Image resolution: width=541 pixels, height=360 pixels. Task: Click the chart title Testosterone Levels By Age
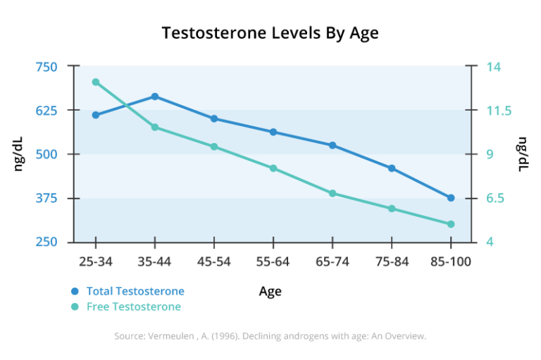coord(270,33)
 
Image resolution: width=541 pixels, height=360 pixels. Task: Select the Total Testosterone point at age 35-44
coord(155,97)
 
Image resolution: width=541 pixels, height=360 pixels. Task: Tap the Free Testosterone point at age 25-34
coord(96,82)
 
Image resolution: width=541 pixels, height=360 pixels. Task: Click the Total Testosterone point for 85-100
coord(451,198)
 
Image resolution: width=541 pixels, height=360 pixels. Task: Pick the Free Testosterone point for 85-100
coord(451,224)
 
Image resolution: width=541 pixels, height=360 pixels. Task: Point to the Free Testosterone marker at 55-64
coord(273,168)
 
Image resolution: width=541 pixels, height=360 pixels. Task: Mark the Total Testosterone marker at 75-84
coord(392,168)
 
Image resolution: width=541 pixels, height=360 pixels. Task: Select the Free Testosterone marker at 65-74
coord(332,193)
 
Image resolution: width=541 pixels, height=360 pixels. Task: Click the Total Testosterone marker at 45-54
coord(214,118)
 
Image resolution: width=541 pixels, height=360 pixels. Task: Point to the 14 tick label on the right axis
coord(494,67)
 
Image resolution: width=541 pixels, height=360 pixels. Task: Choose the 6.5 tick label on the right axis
coord(495,199)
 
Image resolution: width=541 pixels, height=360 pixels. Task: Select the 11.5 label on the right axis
coord(498,111)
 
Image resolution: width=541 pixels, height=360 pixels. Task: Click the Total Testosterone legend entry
coord(135,291)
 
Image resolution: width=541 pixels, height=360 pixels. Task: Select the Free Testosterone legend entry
coord(133,306)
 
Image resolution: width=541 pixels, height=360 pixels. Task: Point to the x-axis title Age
coord(270,292)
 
